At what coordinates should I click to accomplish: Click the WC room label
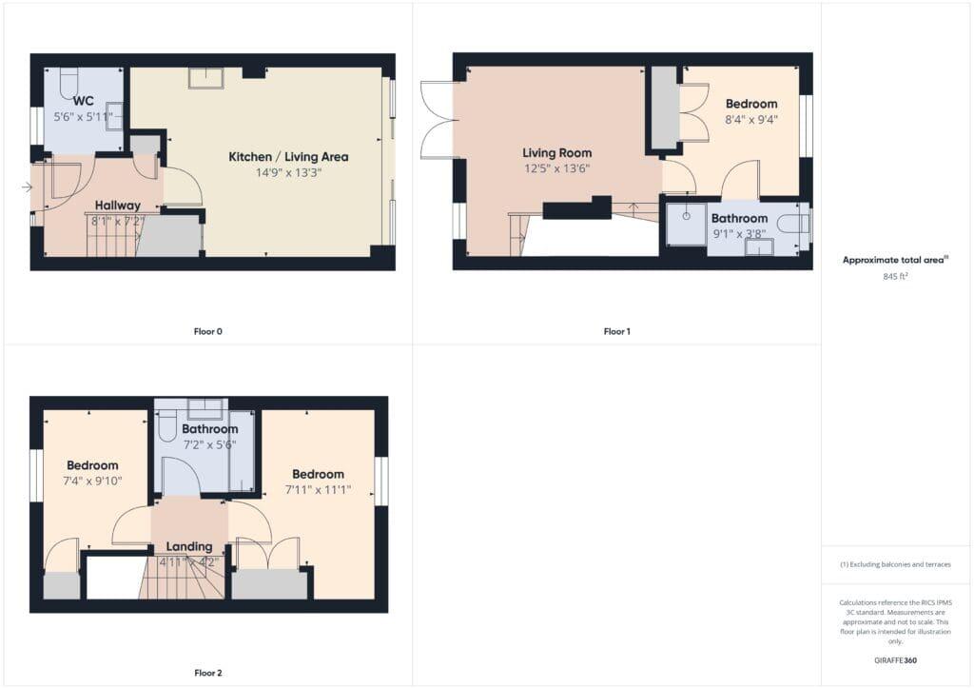click(83, 101)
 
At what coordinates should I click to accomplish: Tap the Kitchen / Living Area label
click(288, 157)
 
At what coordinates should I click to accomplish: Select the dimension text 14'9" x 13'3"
click(288, 173)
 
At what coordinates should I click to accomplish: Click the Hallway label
click(118, 206)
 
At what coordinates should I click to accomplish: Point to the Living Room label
click(556, 153)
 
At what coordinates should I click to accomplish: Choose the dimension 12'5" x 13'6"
click(556, 169)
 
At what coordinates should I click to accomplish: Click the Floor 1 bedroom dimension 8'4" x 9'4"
click(750, 120)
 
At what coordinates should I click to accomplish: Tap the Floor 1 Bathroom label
click(739, 219)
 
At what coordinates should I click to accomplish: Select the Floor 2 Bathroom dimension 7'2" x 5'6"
click(209, 444)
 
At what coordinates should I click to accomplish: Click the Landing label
click(188, 546)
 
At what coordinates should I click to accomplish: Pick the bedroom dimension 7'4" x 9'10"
click(91, 481)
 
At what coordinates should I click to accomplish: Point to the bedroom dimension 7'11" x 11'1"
click(318, 490)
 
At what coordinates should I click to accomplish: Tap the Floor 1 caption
click(616, 332)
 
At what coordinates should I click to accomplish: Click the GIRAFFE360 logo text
click(895, 659)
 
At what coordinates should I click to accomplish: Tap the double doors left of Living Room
click(436, 120)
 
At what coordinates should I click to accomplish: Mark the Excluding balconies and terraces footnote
click(895, 564)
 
